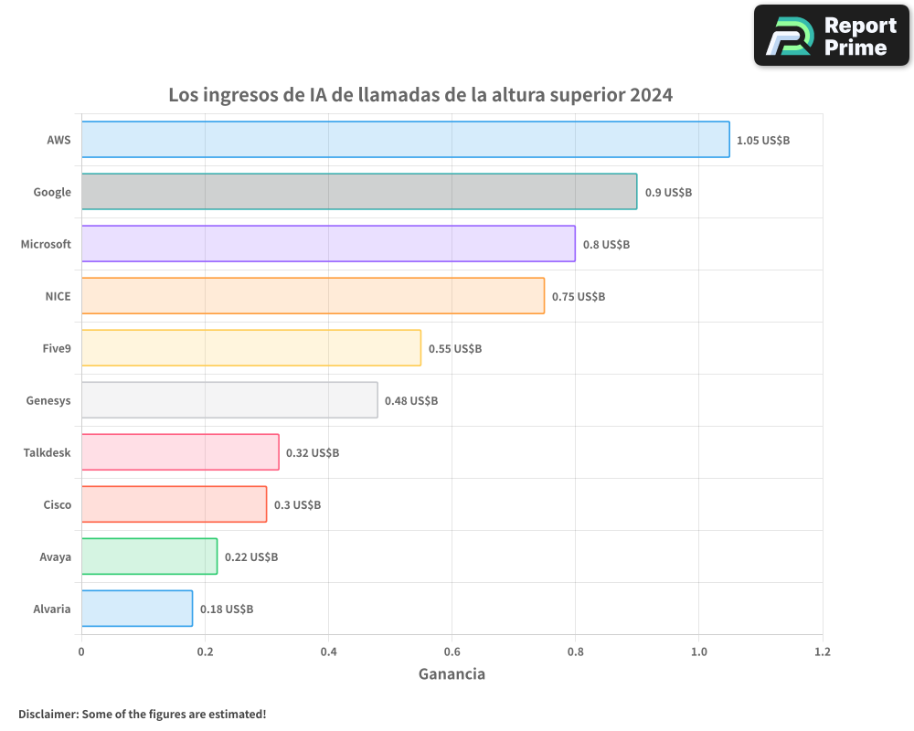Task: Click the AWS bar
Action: coord(405,140)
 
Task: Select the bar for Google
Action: coord(359,192)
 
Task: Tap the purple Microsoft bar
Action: coord(328,244)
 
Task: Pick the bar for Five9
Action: coord(251,348)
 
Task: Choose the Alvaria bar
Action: coord(137,609)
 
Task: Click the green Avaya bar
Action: coord(149,556)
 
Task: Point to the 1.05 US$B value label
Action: coord(763,141)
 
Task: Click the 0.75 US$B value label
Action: coord(579,297)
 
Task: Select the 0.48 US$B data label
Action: coord(411,401)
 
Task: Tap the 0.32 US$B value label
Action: coord(313,453)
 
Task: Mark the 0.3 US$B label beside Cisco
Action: coord(297,505)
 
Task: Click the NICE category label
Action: coord(58,296)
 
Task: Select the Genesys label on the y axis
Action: coord(49,400)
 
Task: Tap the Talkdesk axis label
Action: coord(47,452)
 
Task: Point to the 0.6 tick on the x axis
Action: coord(452,652)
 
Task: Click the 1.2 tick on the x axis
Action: coord(823,652)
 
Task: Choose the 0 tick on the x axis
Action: coord(81,652)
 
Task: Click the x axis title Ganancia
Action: coord(452,674)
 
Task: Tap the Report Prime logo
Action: coord(832,36)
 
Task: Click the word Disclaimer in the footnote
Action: coord(48,714)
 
